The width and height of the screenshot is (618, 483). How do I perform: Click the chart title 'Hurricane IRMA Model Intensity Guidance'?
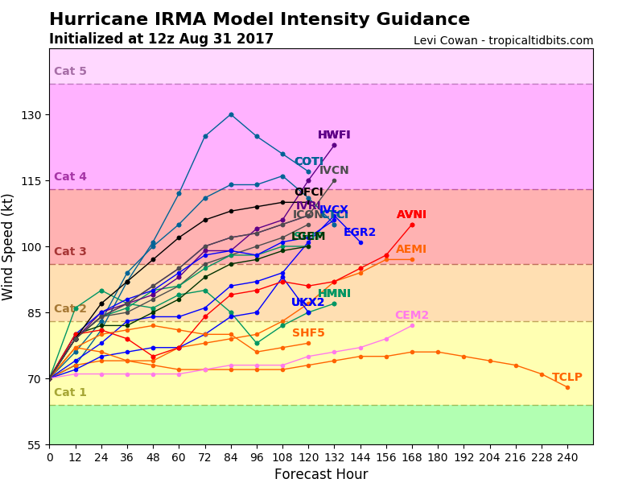tap(259, 20)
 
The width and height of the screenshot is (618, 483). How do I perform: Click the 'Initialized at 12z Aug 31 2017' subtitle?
tap(161, 39)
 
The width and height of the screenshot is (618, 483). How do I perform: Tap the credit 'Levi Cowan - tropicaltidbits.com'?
tap(503, 41)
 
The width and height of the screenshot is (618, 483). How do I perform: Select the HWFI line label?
tap(334, 135)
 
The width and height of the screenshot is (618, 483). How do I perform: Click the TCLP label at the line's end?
tap(567, 377)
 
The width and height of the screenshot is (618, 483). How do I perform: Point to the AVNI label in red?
tap(411, 215)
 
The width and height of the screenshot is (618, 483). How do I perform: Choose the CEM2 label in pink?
tap(411, 316)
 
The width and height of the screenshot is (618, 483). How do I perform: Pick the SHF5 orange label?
tap(308, 333)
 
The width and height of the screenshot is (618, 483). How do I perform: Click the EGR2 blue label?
tap(360, 233)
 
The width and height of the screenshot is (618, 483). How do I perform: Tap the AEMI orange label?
tap(411, 250)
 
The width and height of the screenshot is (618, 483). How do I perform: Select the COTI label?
tap(308, 162)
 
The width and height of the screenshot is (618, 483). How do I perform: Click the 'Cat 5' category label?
tap(70, 72)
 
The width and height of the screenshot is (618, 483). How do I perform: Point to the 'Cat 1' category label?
tap(70, 393)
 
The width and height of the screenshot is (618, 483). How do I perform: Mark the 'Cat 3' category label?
tap(70, 252)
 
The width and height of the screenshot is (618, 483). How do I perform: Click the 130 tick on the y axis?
tap(31, 115)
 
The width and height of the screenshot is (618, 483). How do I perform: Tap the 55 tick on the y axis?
tap(35, 445)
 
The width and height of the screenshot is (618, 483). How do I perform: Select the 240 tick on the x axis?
tap(567, 457)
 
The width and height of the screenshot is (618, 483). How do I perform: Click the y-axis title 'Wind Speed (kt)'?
tap(9, 246)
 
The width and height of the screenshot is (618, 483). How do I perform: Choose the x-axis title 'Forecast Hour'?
tap(321, 474)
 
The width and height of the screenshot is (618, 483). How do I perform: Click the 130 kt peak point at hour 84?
tap(231, 114)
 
